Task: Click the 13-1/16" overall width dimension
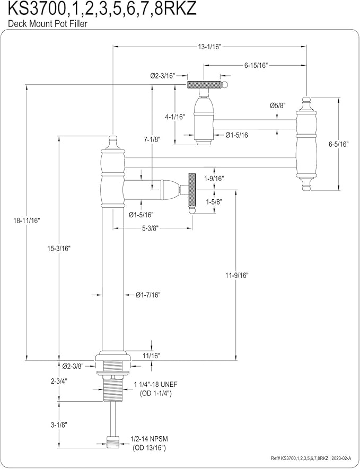pos(209,47)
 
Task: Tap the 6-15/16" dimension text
pos(256,65)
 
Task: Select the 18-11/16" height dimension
pos(27,220)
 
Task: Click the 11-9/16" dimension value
pos(238,275)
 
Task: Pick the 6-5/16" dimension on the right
pos(339,144)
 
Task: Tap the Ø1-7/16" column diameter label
pos(148,295)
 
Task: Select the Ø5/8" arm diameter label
pos(277,105)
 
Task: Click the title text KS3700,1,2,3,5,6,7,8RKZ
pos(102,10)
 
